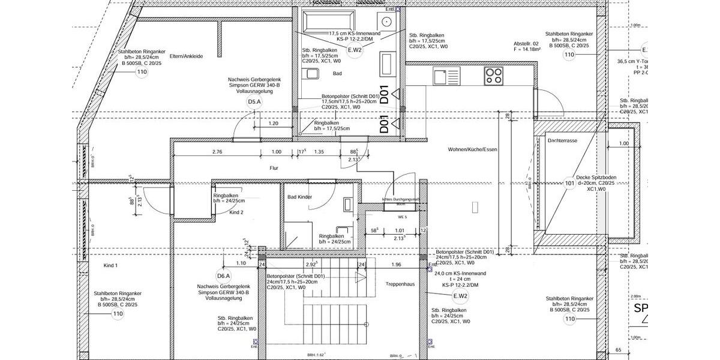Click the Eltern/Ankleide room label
coord(187,56)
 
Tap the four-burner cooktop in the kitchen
coord(494,76)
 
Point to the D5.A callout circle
coord(254,103)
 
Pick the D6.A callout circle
coord(224,276)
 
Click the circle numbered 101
coord(569,184)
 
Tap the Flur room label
coord(275,169)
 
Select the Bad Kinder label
coord(299,197)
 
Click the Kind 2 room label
coord(236,212)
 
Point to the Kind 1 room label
coord(111,265)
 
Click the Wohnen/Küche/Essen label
coord(472,149)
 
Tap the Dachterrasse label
coord(562,140)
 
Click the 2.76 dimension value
coord(217,152)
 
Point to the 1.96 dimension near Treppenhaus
coord(396,265)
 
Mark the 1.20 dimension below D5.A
coord(273,124)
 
